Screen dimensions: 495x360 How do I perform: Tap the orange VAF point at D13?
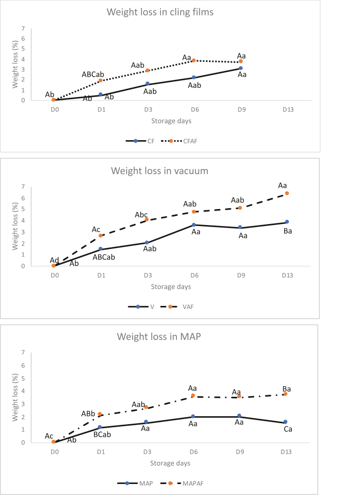(x=287, y=193)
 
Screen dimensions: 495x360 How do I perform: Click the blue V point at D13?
(x=287, y=222)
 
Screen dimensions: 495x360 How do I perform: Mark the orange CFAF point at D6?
(x=193, y=60)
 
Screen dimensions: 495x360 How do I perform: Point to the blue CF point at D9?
(x=240, y=68)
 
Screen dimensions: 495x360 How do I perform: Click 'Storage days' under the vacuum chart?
(x=171, y=286)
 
